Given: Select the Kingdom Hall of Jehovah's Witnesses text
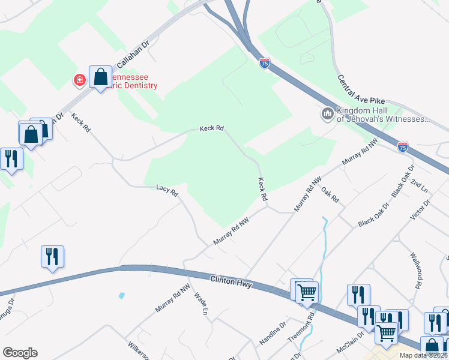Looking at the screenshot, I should click(x=383, y=115).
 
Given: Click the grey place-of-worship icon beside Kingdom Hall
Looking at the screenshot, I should click(x=327, y=113).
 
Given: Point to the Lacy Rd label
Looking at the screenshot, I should click(x=167, y=191).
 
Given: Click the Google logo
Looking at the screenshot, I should click(x=20, y=353).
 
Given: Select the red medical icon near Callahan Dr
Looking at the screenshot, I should click(x=79, y=80).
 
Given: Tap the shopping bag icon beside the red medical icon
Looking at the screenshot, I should click(x=100, y=77).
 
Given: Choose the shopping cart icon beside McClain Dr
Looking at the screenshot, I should click(x=386, y=332).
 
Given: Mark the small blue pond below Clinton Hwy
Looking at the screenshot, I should click(x=122, y=296).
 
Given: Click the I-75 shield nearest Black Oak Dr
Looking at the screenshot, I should click(x=403, y=147).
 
